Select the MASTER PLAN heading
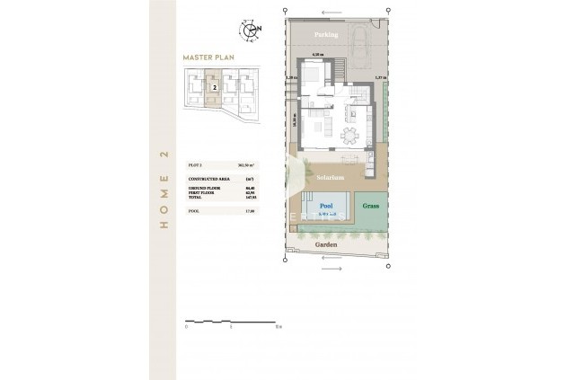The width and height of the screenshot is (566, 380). [x=208, y=57]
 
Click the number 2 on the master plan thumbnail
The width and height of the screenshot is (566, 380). [x=215, y=88]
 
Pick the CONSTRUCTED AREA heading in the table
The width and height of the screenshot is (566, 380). [x=207, y=179]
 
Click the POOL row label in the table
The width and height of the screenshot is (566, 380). [x=193, y=210]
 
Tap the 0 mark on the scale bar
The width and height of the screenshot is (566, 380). [x=185, y=327]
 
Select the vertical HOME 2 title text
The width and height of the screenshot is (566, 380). [x=164, y=190]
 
